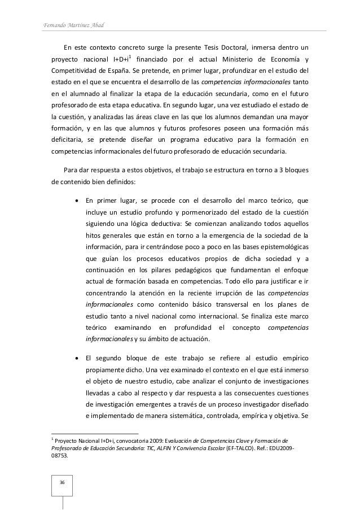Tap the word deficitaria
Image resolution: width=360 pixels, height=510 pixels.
(69, 140)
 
